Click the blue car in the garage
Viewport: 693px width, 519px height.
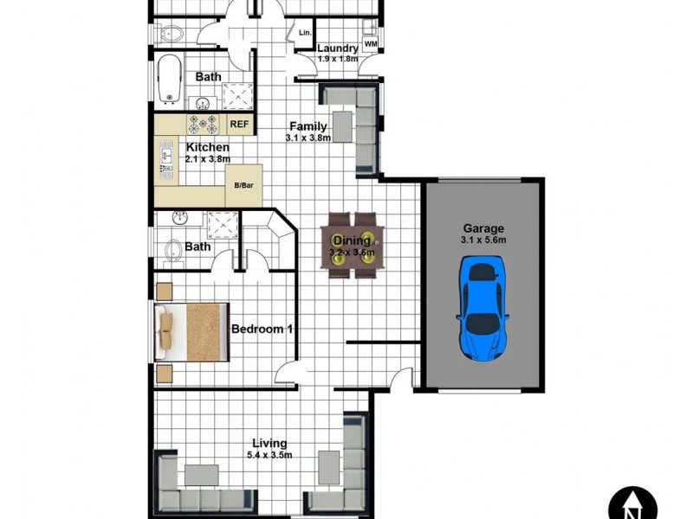coord(482,311)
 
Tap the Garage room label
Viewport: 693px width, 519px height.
coord(483,229)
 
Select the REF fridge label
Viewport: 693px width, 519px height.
coord(239,125)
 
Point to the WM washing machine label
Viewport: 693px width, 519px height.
coord(371,43)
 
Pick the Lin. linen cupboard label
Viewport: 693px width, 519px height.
coord(304,33)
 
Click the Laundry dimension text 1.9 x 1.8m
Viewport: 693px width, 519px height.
coord(336,59)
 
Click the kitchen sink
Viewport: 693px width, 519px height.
coord(167,158)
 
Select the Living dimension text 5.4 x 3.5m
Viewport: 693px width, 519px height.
coord(268,455)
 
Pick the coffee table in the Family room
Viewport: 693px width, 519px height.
coord(344,126)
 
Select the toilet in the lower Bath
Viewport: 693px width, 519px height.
coord(173,251)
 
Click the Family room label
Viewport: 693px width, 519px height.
coord(308,126)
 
